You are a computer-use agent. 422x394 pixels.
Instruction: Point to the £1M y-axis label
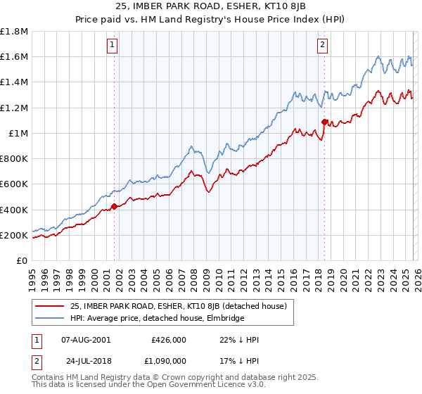(18, 133)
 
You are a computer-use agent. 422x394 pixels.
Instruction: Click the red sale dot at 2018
(324, 122)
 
